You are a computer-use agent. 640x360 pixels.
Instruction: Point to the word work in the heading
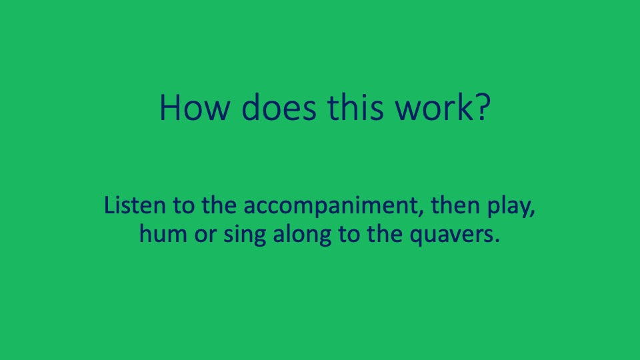(427, 107)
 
